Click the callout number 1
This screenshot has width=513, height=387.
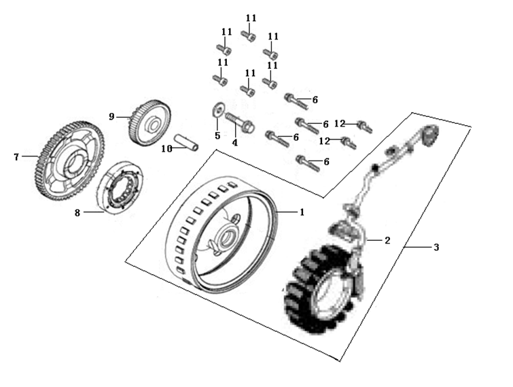[x=302, y=212]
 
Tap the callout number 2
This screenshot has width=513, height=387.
[x=387, y=240]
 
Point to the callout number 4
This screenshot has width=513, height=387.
[x=235, y=143]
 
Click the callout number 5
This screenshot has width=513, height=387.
[x=217, y=135]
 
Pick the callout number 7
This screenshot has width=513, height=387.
[x=16, y=157]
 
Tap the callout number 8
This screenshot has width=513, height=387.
[x=77, y=213]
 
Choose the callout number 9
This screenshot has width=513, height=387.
[x=112, y=116]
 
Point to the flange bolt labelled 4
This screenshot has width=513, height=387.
[x=242, y=124]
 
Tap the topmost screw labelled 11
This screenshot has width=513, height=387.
[x=249, y=35]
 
